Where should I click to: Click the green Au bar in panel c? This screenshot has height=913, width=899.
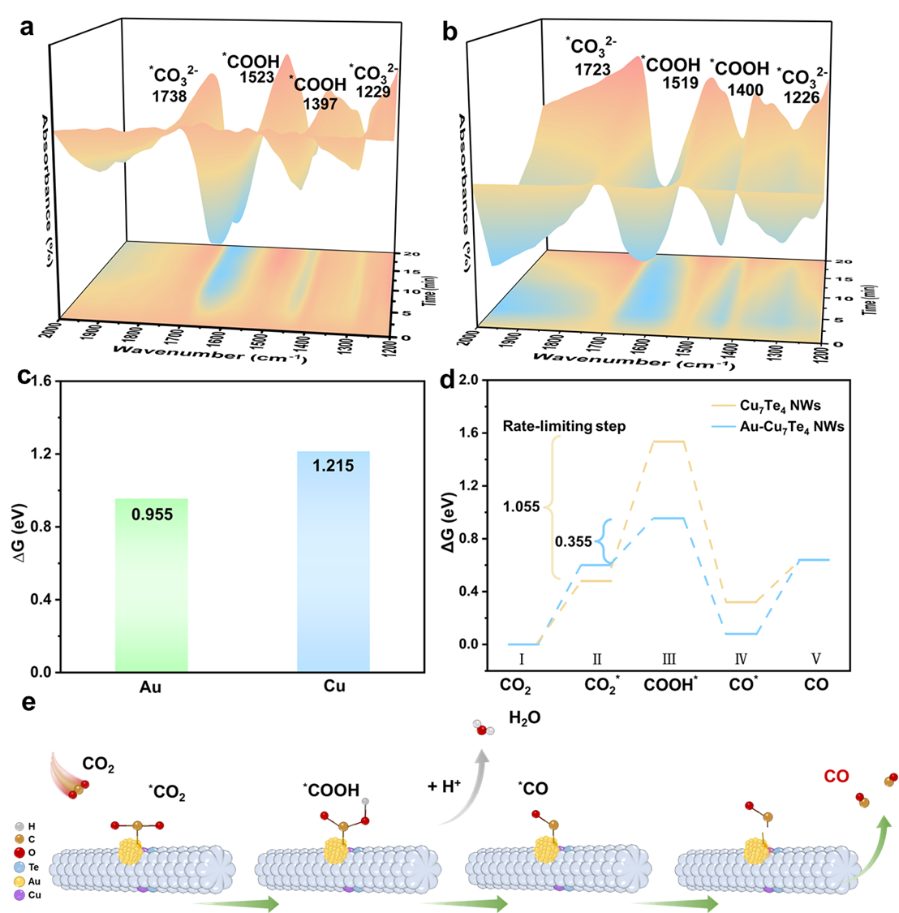point(152,584)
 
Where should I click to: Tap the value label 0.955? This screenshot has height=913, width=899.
point(152,515)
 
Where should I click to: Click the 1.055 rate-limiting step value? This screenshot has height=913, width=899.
point(521,507)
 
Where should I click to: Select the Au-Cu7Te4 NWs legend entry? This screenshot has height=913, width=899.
point(794,425)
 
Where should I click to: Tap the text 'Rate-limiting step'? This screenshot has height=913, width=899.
point(565,425)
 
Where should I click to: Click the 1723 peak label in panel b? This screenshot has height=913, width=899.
point(592,70)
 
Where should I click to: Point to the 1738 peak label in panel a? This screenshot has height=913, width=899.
point(168,96)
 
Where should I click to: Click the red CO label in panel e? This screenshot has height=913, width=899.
point(837,777)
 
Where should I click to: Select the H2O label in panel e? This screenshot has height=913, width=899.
point(524,718)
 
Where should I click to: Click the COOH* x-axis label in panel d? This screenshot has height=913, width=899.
point(670,685)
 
